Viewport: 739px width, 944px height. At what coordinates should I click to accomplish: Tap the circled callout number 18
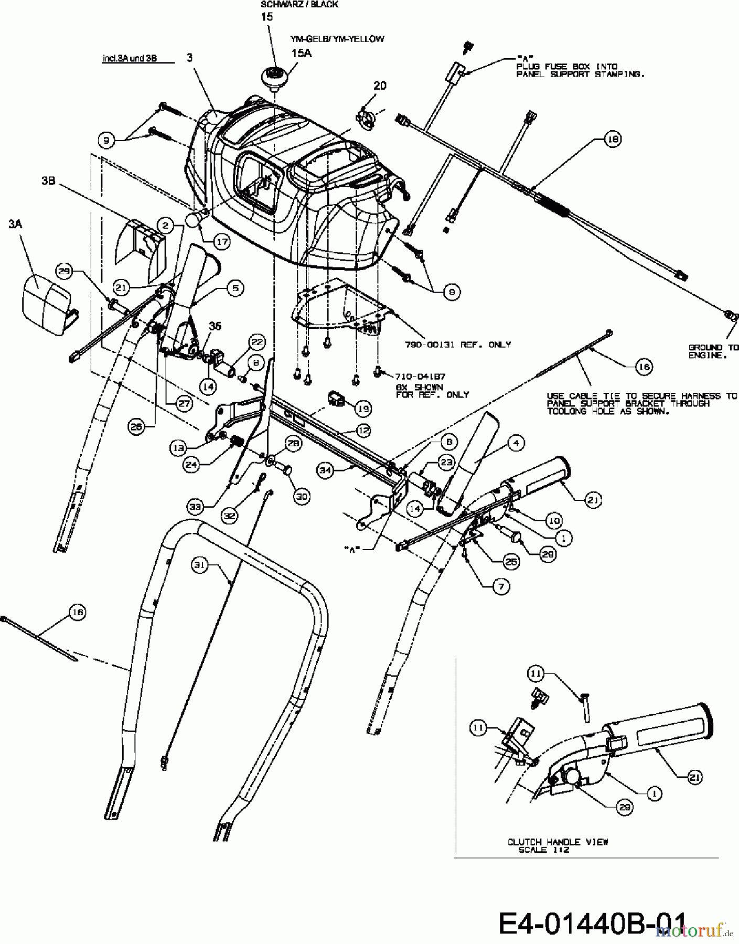click(x=613, y=139)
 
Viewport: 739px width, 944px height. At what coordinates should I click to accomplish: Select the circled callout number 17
click(x=222, y=242)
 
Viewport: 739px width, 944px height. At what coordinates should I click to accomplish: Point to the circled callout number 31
click(x=200, y=565)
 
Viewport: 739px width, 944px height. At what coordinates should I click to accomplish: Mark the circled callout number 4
click(x=516, y=443)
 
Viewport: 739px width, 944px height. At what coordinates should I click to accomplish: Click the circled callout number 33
click(x=196, y=507)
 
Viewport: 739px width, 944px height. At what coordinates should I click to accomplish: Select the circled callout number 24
click(x=191, y=464)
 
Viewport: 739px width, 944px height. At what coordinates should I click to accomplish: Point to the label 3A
click(x=15, y=224)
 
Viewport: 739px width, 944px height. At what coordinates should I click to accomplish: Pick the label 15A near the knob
click(x=301, y=53)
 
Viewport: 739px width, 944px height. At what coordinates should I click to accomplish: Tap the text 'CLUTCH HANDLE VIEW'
click(x=558, y=842)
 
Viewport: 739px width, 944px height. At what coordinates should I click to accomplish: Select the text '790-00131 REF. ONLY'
click(x=457, y=345)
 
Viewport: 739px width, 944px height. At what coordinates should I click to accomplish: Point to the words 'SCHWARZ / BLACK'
click(x=299, y=4)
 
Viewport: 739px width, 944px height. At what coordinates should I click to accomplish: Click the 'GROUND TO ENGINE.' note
click(x=713, y=351)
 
